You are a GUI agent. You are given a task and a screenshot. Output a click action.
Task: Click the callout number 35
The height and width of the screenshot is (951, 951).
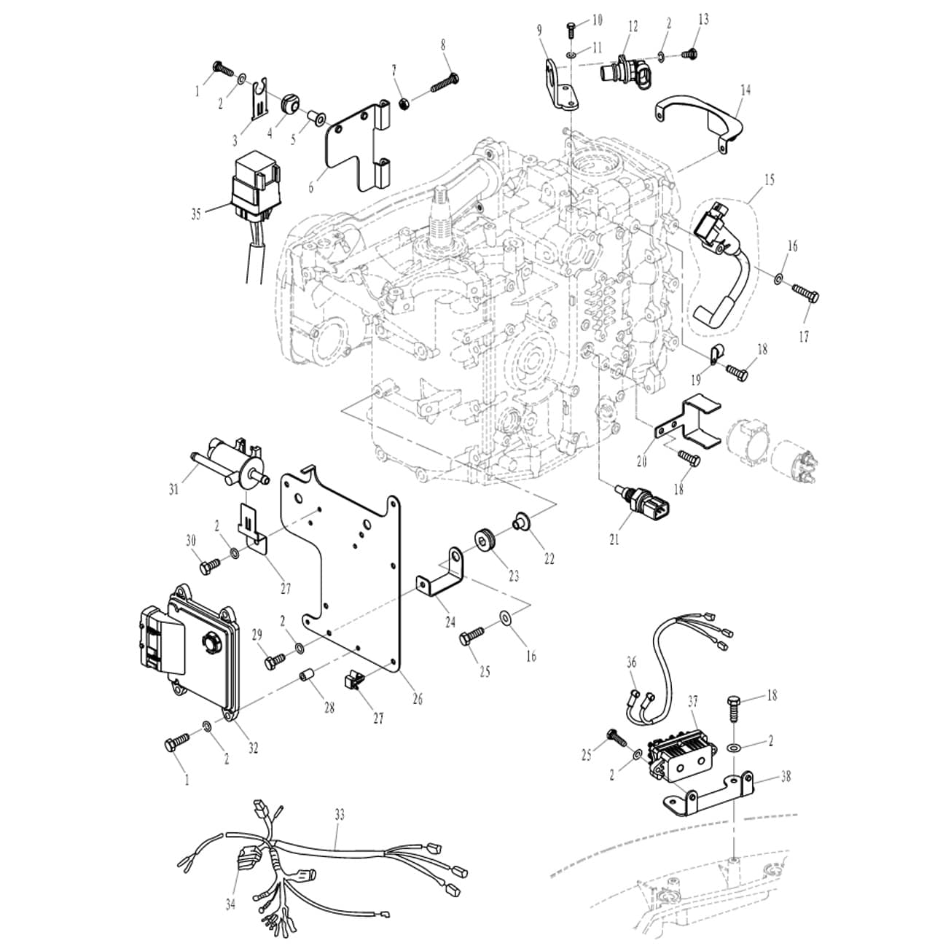(x=196, y=214)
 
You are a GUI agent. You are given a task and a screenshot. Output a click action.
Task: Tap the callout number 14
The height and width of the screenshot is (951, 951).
(x=745, y=90)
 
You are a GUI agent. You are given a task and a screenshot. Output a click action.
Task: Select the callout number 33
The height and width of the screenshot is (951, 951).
(x=339, y=815)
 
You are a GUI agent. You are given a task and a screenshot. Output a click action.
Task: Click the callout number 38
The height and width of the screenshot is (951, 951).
(x=785, y=777)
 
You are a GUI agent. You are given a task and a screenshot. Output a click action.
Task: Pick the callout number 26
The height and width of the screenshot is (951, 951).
(x=417, y=698)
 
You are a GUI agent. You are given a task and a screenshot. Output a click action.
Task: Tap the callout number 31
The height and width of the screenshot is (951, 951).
(x=173, y=490)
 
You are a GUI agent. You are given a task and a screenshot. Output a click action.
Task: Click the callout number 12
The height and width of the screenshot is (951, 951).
(x=633, y=27)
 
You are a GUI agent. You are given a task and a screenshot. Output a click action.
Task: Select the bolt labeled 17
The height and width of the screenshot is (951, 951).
(x=805, y=295)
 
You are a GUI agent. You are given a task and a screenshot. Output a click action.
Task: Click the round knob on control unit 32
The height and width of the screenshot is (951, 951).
(x=211, y=642)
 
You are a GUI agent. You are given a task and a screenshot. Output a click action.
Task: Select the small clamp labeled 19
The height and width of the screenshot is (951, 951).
(x=714, y=355)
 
